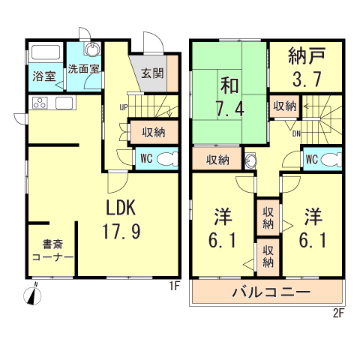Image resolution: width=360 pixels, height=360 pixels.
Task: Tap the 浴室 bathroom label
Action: (x=43, y=76)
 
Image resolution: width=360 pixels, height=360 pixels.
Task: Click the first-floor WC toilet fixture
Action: (x=169, y=158)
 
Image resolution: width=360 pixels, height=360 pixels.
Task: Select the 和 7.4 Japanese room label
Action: (x=229, y=96)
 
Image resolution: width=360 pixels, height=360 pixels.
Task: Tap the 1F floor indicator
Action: (x=174, y=286)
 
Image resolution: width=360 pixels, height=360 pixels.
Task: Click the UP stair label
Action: (x=121, y=106)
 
